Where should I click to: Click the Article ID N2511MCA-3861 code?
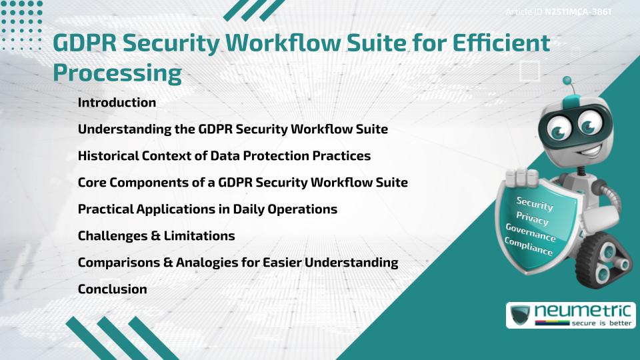click(x=578, y=12)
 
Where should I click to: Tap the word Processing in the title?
click(x=117, y=72)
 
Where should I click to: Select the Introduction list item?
click(x=117, y=103)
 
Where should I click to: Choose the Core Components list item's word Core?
click(x=92, y=183)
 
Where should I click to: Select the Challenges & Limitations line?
click(x=156, y=236)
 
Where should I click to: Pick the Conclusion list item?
click(x=112, y=289)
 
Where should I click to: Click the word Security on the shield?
click(x=535, y=204)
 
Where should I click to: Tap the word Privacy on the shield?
click(x=532, y=219)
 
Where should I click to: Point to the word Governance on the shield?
click(x=531, y=234)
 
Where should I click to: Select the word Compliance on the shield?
click(x=529, y=247)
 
